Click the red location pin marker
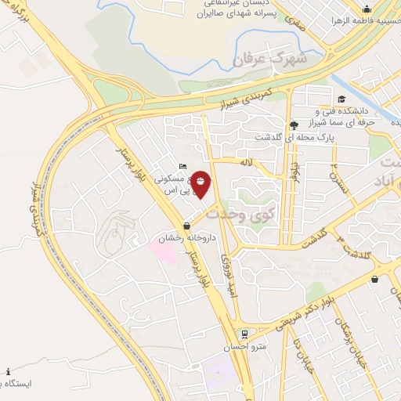click(x=200, y=183)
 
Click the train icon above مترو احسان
click(x=244, y=334)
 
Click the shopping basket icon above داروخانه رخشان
click(x=186, y=226)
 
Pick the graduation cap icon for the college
click(x=341, y=99)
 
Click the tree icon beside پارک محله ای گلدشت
click(x=294, y=124)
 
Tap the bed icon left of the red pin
click(x=182, y=166)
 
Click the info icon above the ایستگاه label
click(x=8, y=371)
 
